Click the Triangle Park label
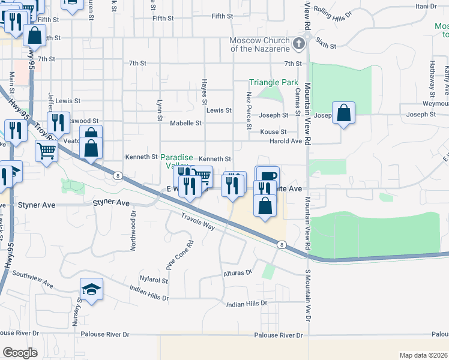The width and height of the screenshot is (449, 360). pos(274,82)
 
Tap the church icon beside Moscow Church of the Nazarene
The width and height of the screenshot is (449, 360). pos(300,43)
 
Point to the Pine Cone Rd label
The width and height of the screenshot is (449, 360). pos(179,254)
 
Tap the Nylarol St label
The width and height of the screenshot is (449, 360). pos(154,280)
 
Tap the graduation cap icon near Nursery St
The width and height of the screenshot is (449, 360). pos(91,290)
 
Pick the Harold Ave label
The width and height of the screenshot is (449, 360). pos(285,141)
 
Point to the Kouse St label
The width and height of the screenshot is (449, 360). pos(274,131)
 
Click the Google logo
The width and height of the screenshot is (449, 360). pos(20,353)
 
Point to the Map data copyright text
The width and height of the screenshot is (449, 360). pos(424,355)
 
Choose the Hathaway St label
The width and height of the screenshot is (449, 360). pos(431,77)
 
